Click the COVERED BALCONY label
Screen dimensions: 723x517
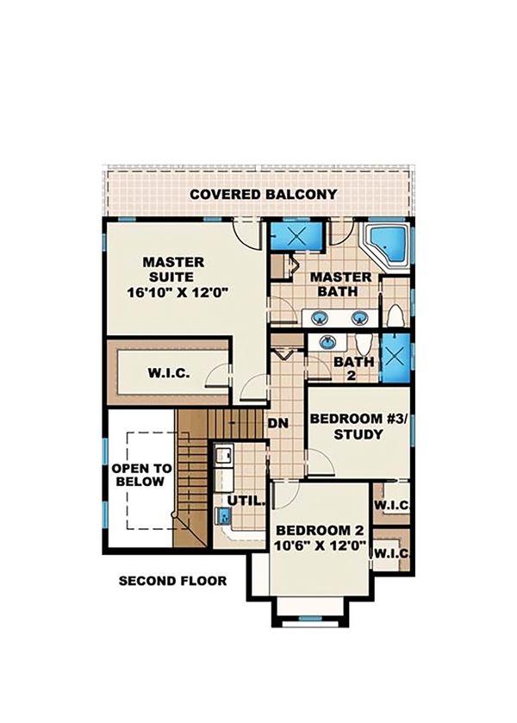pos(263,194)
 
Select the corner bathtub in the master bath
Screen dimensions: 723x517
pos(384,244)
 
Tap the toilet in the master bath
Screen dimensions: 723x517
pos(394,318)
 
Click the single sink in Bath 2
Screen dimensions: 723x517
pos(328,343)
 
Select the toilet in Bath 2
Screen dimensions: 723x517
pos(362,341)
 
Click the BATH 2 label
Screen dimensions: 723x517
pos(353,369)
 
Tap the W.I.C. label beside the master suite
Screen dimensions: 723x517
pos(169,374)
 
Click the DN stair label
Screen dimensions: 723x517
pos(277,424)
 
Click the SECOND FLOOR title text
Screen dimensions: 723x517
pos(172,581)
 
